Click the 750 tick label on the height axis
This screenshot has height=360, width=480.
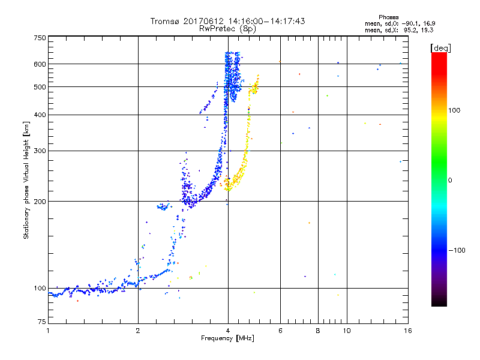click(x=40, y=38)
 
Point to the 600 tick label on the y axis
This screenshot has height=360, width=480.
click(x=40, y=64)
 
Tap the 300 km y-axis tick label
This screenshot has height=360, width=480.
click(x=40, y=151)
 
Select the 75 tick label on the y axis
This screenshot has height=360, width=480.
click(x=41, y=323)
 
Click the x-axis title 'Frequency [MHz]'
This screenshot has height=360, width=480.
click(x=227, y=339)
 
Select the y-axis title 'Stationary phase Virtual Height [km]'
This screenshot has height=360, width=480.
click(x=26, y=181)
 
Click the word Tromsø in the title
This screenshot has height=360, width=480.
click(x=166, y=21)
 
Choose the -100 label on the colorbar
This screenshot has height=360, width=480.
click(x=458, y=250)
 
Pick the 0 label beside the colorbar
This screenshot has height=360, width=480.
click(x=451, y=180)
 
